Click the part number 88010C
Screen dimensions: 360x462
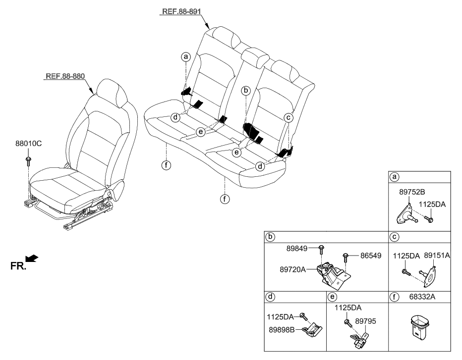coord(28,145)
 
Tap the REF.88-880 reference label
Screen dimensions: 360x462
coord(65,77)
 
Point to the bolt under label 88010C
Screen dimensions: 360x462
coord(29,159)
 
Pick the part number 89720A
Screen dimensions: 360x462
coord(292,269)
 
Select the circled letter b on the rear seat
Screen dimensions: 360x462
coord(245,91)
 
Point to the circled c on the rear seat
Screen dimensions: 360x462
coord(288,117)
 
